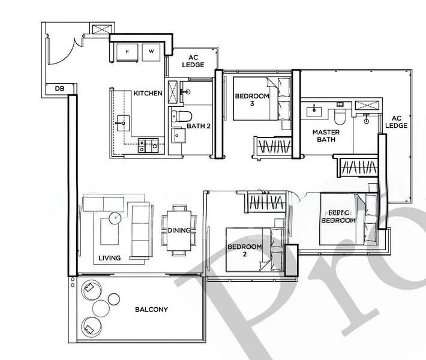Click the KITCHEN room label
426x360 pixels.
coord(148,93)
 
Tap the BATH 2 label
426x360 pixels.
coord(197,127)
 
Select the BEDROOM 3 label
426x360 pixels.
coord(252,99)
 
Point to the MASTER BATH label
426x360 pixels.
coord(325,136)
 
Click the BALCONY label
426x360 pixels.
coord(151,310)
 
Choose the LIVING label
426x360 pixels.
coord(110,258)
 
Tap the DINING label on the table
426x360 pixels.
coord(179,230)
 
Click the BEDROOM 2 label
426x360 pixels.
coord(244,250)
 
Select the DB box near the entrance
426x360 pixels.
coord(59,89)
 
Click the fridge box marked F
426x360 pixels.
coord(127,52)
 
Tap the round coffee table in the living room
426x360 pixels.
coord(115,217)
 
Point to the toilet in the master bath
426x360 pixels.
coord(340,112)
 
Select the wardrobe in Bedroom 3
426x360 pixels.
coord(273,146)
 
